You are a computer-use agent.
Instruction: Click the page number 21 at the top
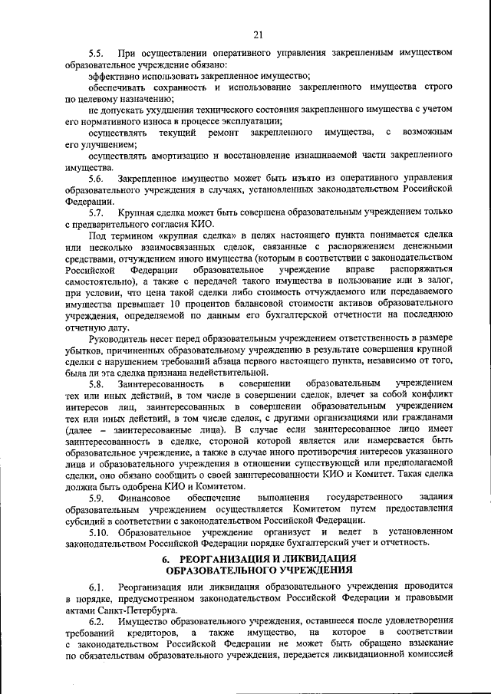point(257,33)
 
